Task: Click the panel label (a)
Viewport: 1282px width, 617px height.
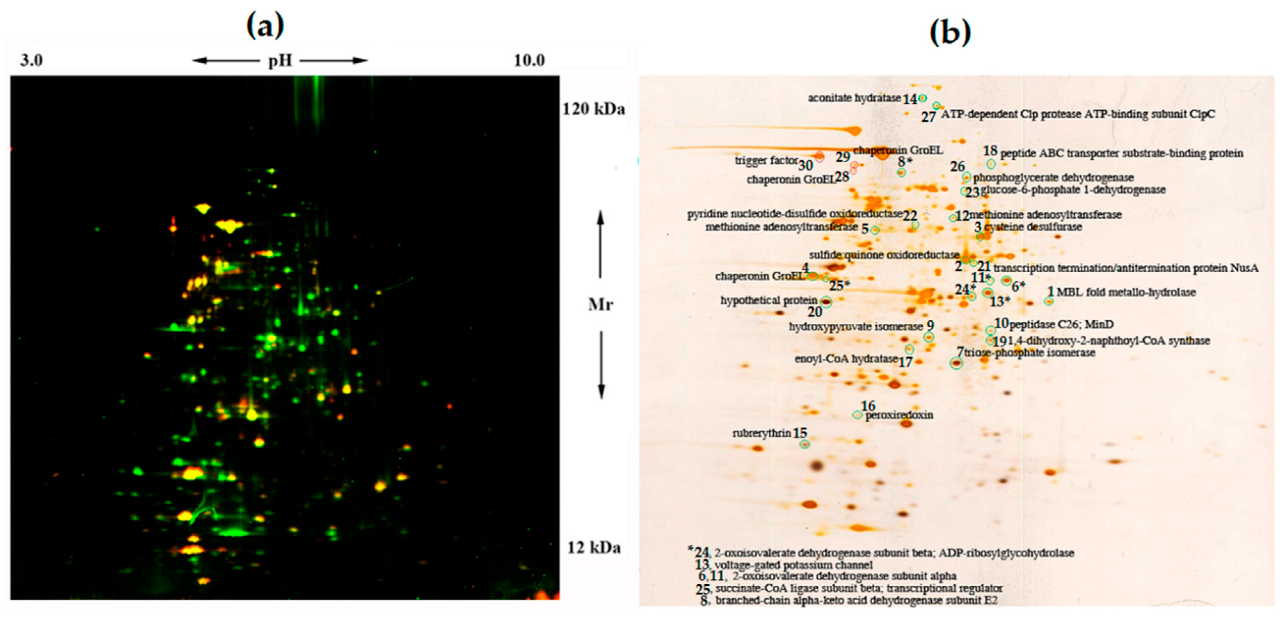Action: pos(265,26)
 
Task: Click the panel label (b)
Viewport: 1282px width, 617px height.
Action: pos(950,33)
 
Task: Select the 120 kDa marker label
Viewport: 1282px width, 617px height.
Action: pos(593,109)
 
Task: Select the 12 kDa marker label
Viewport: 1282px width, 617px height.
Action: pos(594,547)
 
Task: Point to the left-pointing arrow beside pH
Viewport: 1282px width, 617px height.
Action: pos(225,61)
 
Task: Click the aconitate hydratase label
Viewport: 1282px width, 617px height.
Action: pos(854,98)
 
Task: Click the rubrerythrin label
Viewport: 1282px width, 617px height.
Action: pos(762,433)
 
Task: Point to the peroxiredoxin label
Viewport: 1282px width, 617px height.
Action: pos(899,415)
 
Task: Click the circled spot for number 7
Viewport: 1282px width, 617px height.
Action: pos(956,363)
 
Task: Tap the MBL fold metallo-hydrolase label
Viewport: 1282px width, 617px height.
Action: pos(1126,292)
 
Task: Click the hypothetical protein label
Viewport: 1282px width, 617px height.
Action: pos(769,301)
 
